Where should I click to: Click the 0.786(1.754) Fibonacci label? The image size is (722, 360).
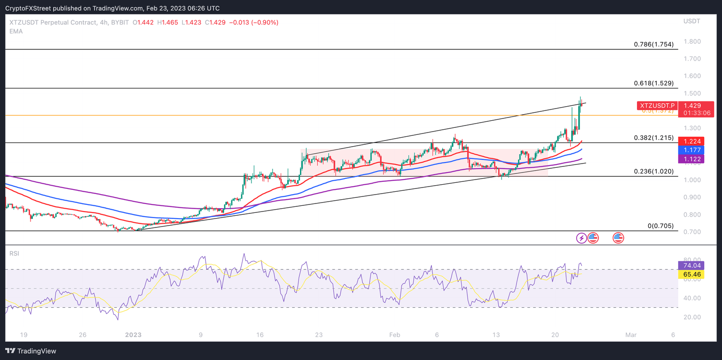point(653,44)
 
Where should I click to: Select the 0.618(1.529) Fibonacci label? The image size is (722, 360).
point(653,83)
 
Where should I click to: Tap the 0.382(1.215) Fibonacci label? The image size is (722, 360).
point(653,138)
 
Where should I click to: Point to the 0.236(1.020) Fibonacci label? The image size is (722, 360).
point(653,172)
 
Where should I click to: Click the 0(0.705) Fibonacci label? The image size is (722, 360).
point(660,226)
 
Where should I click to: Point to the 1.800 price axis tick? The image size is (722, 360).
point(692,41)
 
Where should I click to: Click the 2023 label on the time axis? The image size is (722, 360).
point(133,335)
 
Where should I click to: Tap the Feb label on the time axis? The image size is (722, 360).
point(395,335)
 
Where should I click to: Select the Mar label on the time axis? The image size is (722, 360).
point(631,335)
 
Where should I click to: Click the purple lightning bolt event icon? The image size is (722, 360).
point(581,238)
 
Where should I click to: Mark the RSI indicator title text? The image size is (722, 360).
point(15,254)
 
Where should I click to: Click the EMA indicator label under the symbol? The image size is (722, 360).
point(16,31)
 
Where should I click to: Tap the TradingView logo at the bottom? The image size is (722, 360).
point(31,351)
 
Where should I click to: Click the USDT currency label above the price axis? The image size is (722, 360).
point(692,21)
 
